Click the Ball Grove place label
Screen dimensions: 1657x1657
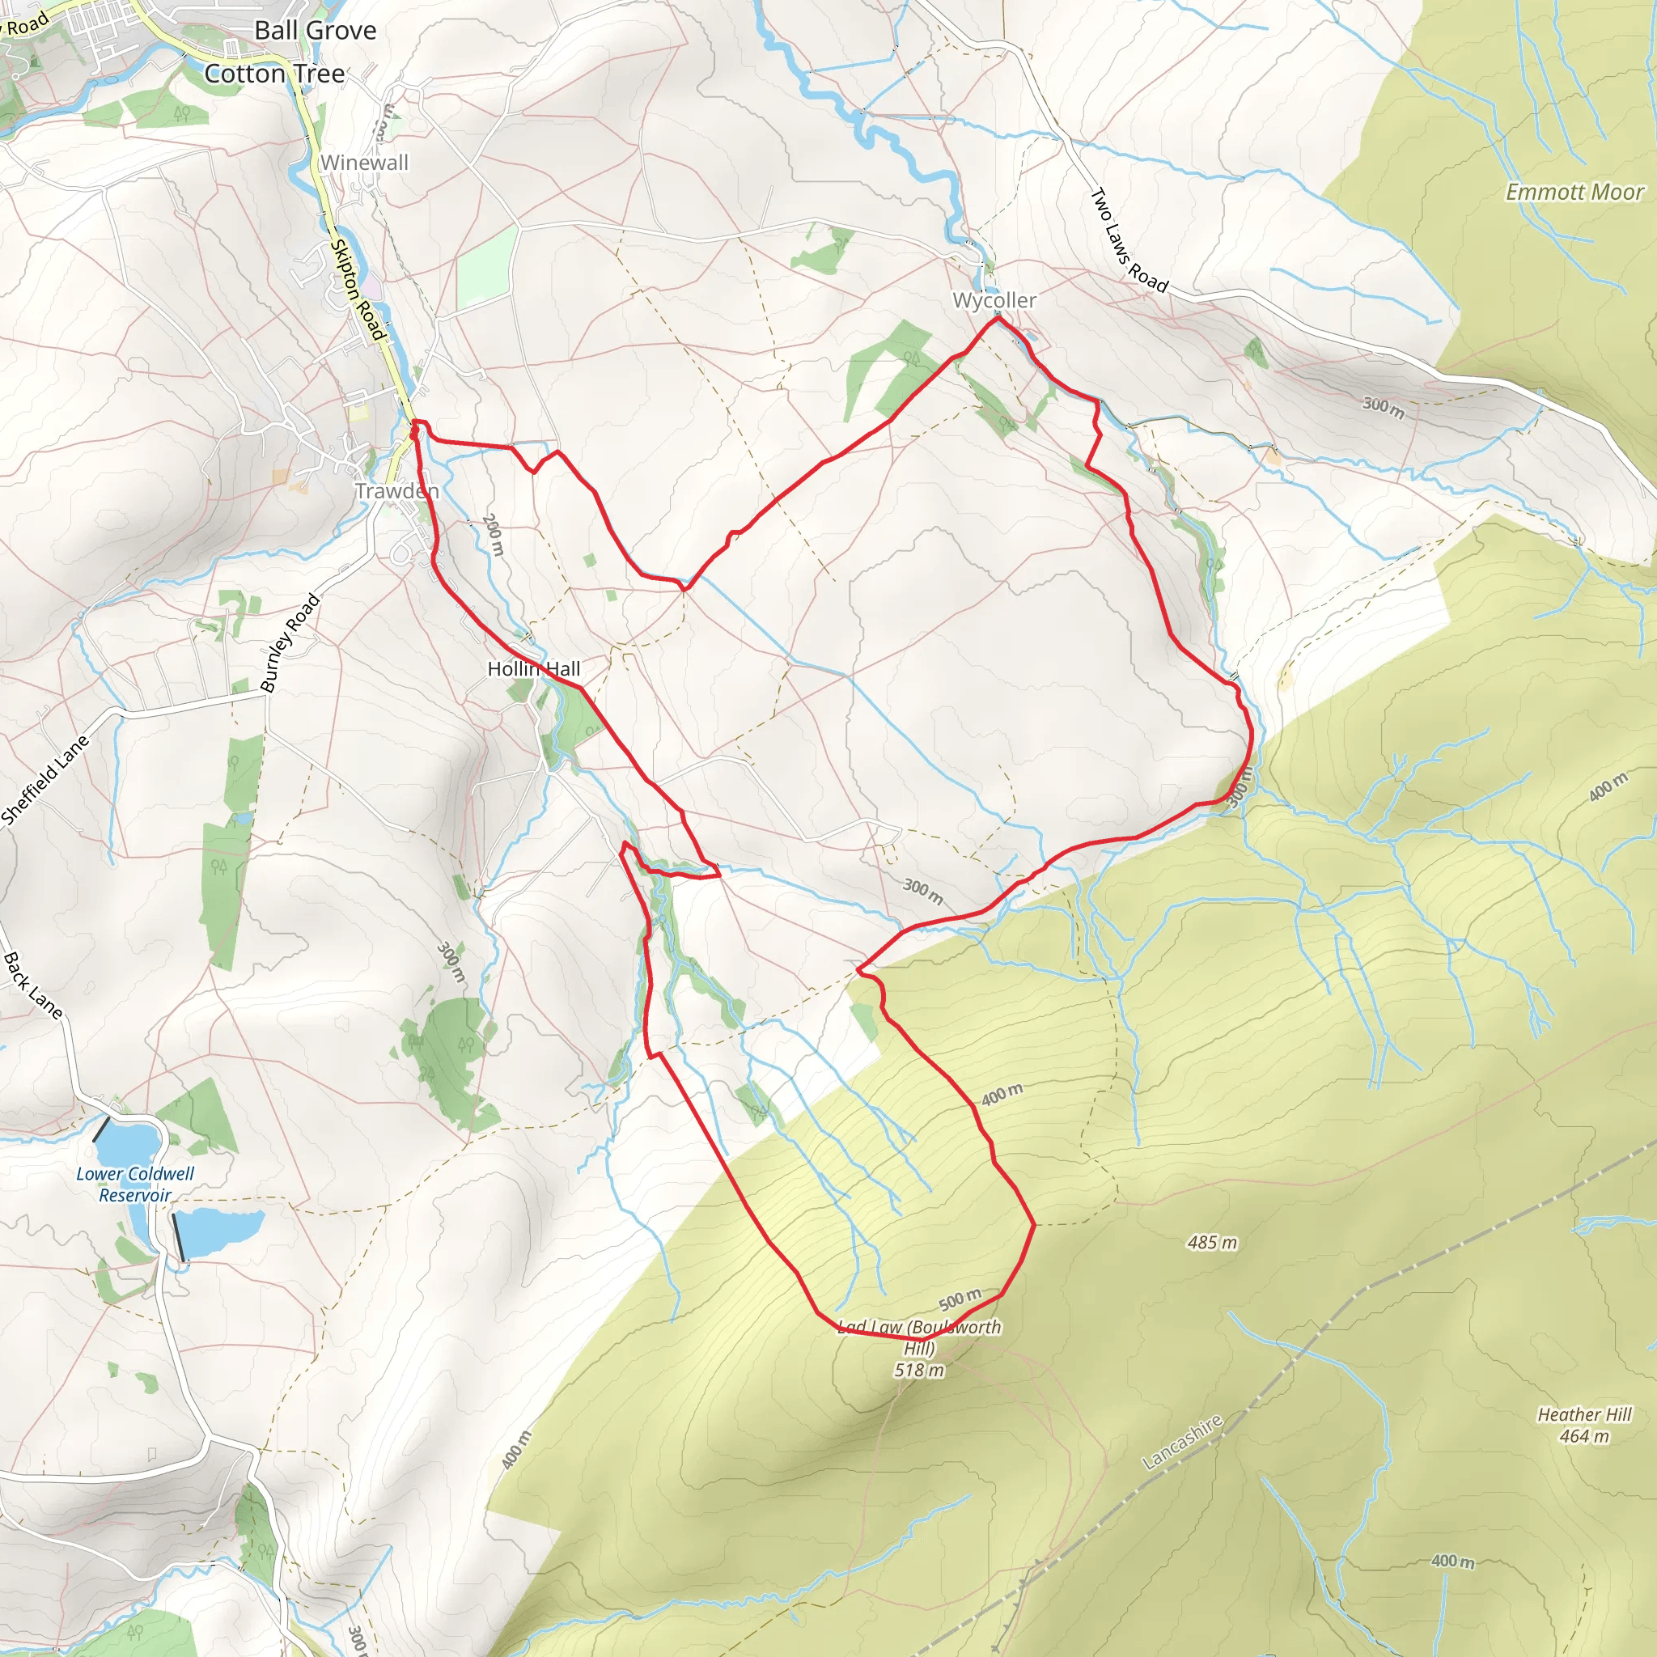315,31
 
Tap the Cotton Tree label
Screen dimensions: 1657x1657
274,74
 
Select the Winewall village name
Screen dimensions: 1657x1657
365,162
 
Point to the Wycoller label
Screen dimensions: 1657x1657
994,300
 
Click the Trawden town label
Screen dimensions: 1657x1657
397,491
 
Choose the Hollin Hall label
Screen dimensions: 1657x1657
533,669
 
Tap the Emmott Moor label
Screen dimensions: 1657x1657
1574,192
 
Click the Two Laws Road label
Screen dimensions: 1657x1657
1128,241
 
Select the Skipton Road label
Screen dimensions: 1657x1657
357,289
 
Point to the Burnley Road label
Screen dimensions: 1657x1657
290,642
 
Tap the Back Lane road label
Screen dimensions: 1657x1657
32,985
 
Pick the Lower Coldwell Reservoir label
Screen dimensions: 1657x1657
134,1184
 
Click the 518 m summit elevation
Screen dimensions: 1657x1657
918,1371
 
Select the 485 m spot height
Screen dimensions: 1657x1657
1212,1243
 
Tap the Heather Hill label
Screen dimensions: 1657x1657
1583,1414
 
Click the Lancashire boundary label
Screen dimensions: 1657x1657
1182,1442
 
